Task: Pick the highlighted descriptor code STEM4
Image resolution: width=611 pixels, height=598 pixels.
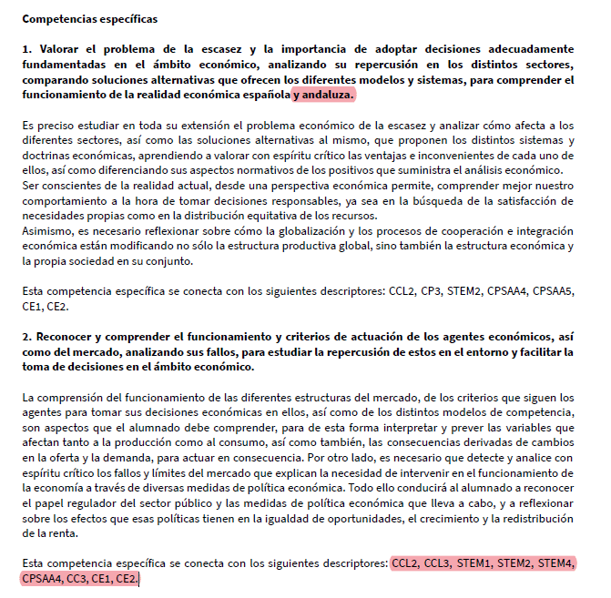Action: click(555, 563)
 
